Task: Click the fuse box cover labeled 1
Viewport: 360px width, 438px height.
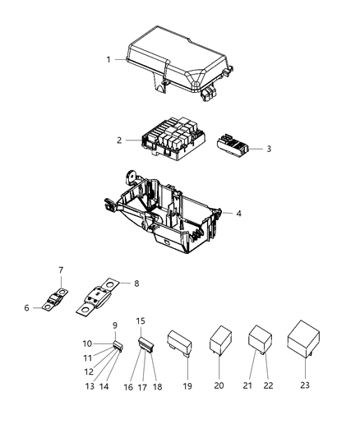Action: [177, 62]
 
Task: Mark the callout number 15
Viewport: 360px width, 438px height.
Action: [140, 320]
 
